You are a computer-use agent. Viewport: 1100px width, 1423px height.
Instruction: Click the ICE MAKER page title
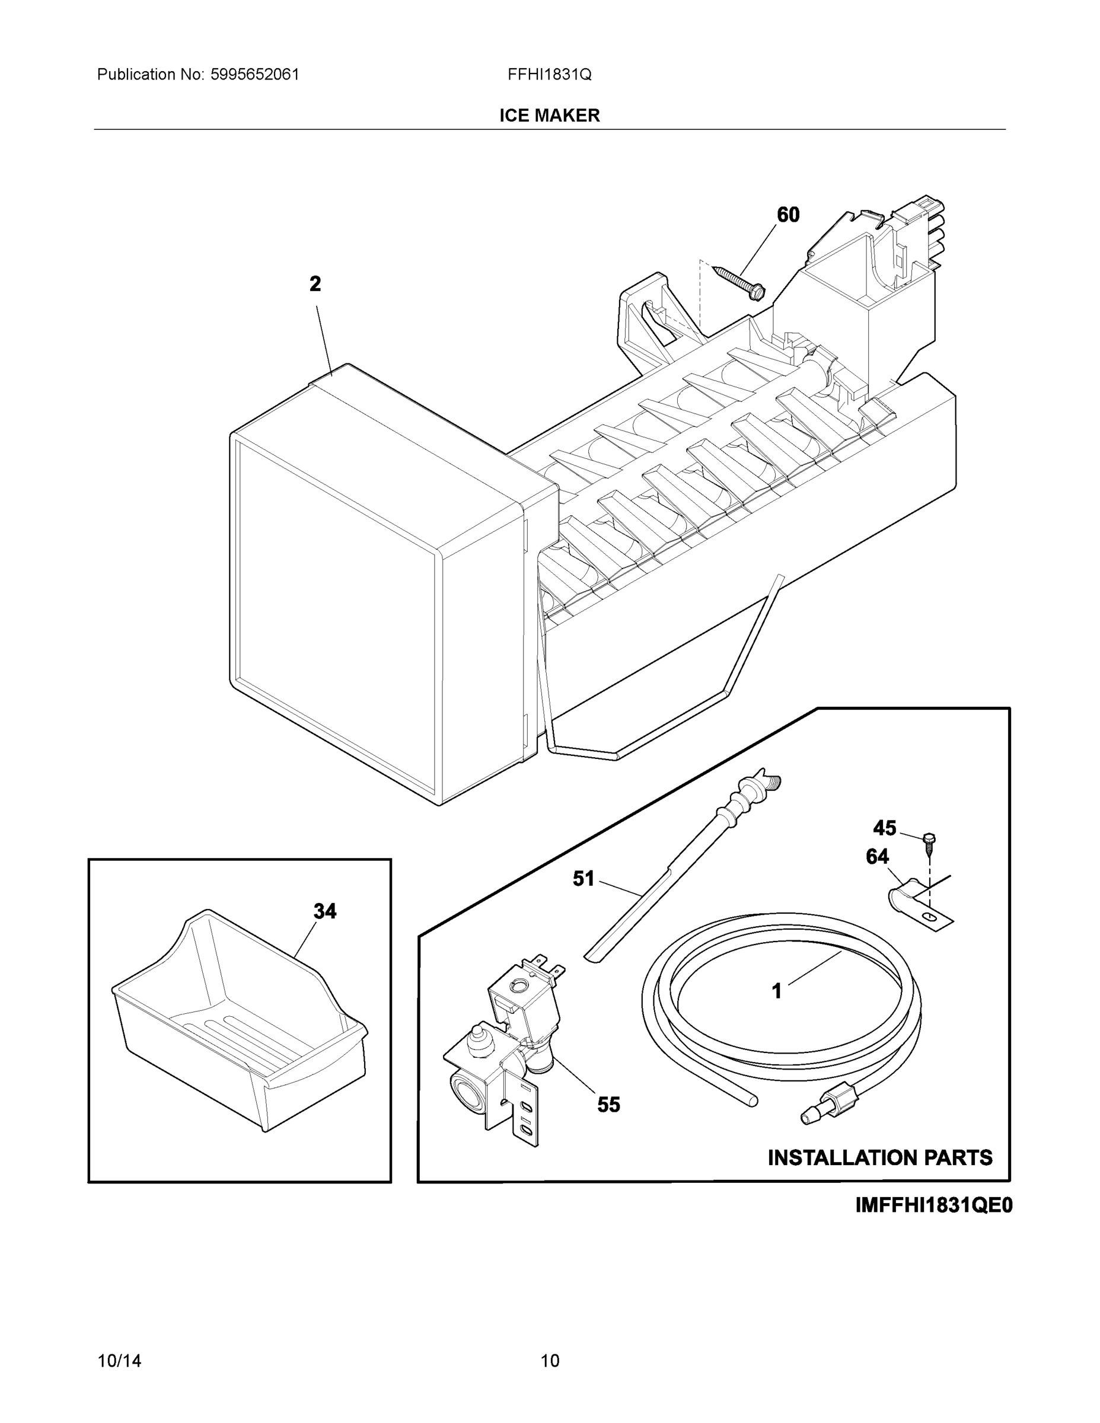(x=549, y=116)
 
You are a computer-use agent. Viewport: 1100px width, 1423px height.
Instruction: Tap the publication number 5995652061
(x=254, y=74)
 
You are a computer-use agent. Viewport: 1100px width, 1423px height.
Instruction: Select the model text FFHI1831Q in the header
(x=549, y=74)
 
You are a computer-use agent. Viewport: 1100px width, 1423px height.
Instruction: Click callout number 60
(x=788, y=215)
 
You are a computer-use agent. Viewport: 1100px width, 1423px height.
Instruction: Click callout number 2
(x=315, y=284)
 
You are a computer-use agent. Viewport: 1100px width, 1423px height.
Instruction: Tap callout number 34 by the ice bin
(x=324, y=911)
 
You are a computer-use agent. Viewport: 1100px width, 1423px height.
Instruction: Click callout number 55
(x=608, y=1105)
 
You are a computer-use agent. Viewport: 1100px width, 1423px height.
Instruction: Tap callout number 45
(x=884, y=828)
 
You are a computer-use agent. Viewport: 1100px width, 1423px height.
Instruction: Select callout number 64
(x=877, y=857)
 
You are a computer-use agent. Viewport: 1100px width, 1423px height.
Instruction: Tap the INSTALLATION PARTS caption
(x=880, y=1158)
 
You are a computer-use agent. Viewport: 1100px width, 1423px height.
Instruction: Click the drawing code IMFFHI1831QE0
(x=933, y=1205)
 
